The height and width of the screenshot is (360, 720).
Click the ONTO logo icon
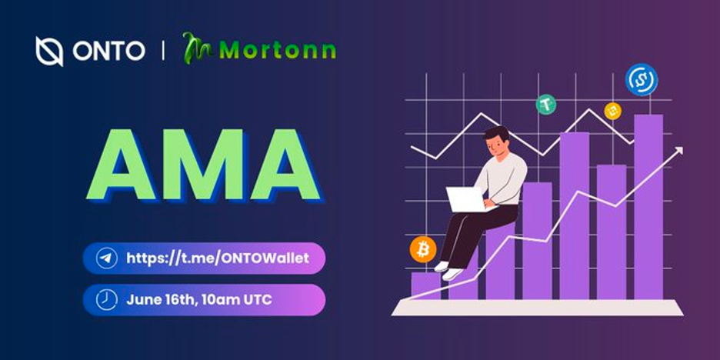coord(49,51)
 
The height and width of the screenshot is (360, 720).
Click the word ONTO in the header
coord(108,51)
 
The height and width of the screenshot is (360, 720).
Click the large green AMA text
coord(203,165)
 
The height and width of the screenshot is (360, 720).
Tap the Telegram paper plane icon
coord(106,258)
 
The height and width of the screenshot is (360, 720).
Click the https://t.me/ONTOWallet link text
coord(218,258)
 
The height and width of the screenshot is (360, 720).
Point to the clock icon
coord(106,300)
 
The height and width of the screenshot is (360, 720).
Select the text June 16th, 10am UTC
coord(199,300)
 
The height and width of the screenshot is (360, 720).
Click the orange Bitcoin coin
coord(423,250)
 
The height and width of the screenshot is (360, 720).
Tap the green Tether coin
coord(546,105)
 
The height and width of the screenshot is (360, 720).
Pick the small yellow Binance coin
coord(612,111)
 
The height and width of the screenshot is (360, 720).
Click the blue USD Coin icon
coord(642,79)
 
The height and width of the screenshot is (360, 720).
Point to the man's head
coord(497,142)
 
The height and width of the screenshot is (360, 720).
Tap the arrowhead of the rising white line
coord(678,151)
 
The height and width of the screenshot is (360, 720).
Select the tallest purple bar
coord(648,207)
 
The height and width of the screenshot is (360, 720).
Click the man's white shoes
coord(446,271)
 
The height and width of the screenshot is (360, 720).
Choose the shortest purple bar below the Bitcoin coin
coord(425,285)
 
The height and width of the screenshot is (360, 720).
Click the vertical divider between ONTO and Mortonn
coord(163,51)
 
